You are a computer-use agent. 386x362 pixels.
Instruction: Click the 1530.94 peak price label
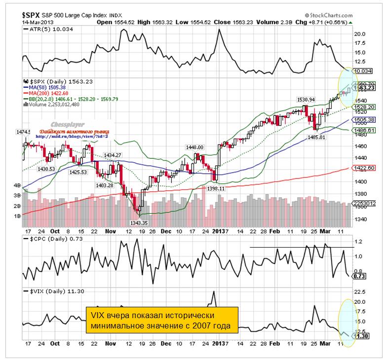click(306, 100)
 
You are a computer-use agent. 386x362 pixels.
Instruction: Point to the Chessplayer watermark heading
click(72, 125)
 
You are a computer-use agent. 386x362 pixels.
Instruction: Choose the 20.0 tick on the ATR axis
click(360, 34)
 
